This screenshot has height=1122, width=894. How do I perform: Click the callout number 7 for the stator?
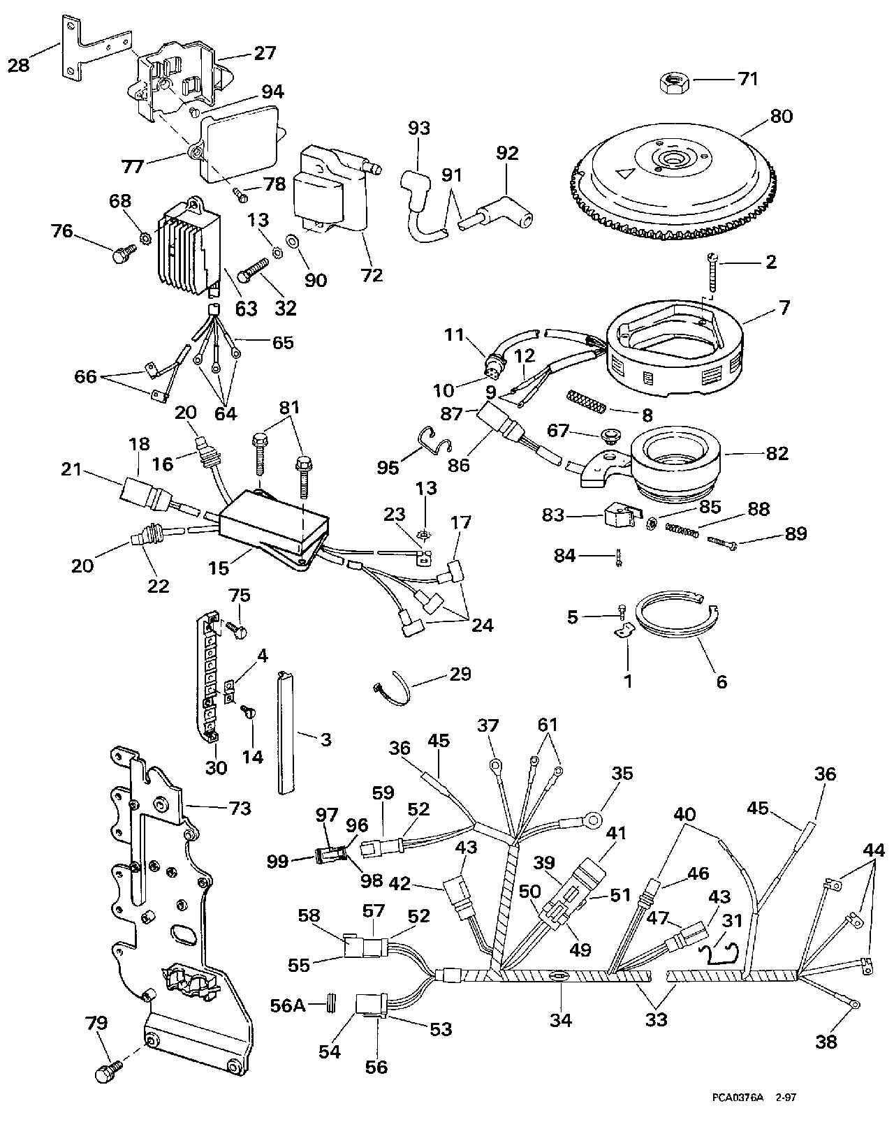tap(784, 307)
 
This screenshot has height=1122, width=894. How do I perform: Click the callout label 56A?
tap(288, 1005)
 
